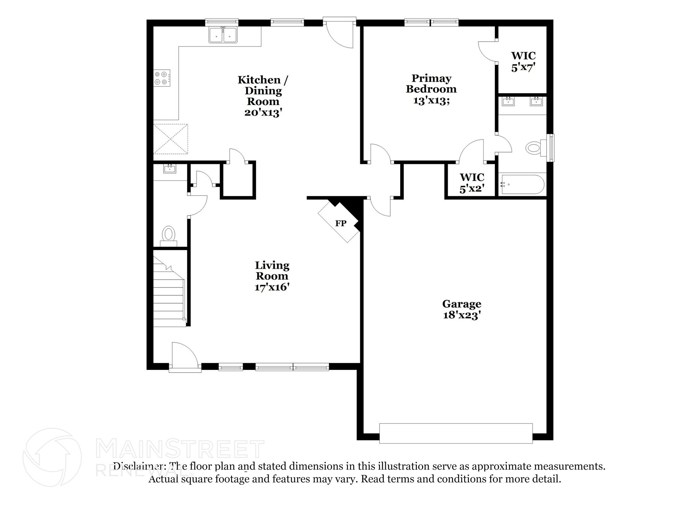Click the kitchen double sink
tap(223, 35)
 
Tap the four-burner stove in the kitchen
tap(161, 78)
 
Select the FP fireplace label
tap(340, 224)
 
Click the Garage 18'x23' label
tap(461, 309)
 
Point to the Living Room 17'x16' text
tap(272, 276)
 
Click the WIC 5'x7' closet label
tap(523, 62)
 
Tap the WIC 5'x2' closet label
tap(472, 183)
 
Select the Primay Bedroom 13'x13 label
tap(431, 89)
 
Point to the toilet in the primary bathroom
tap(534, 148)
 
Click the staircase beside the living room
tap(169, 294)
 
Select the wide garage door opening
tap(456, 433)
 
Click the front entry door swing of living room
tap(184, 357)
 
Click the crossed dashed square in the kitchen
tap(170, 139)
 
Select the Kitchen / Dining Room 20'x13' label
tap(263, 96)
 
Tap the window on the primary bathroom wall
tap(551, 148)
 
